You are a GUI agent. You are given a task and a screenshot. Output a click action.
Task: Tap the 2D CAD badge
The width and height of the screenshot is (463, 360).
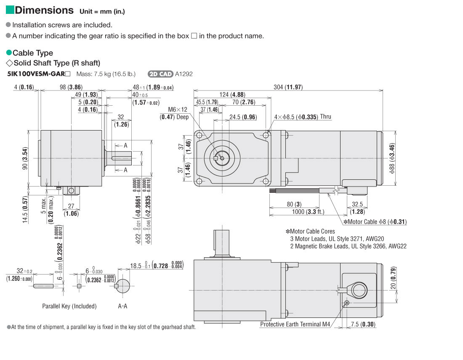(160, 74)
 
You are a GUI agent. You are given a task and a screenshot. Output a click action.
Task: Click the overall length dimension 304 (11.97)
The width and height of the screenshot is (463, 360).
(288, 88)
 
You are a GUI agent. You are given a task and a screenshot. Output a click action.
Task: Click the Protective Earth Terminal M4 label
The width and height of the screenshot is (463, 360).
(295, 324)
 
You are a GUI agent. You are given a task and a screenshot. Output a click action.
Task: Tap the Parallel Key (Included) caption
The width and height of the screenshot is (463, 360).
(69, 306)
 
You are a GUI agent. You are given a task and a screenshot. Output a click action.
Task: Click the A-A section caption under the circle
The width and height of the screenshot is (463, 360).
(122, 306)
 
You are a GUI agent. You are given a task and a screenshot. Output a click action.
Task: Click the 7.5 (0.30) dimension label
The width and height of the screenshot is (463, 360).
(362, 324)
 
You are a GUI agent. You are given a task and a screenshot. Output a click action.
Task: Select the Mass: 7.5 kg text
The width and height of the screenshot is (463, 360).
(106, 74)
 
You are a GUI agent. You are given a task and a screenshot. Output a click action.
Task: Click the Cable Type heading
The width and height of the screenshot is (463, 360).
(33, 53)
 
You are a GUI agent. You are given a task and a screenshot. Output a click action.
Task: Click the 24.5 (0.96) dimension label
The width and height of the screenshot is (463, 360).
(242, 117)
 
